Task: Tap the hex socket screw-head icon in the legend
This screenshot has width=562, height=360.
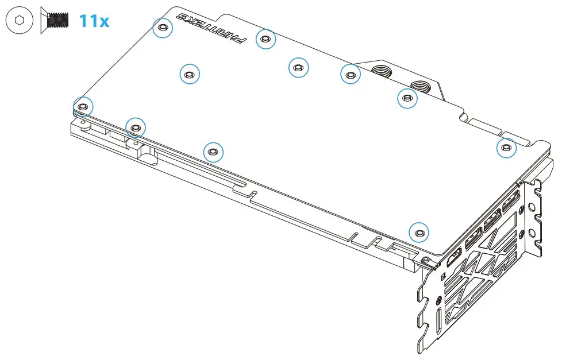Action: point(20,20)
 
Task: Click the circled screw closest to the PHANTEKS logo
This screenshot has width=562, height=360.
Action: point(265,39)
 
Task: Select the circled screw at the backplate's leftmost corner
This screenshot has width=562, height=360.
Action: point(83,106)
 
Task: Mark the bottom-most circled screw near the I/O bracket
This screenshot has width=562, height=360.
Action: point(419,233)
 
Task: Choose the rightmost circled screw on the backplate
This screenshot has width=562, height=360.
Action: point(506,148)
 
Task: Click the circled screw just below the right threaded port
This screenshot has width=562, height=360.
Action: point(407,98)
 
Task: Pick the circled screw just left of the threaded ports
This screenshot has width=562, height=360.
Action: point(351,73)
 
